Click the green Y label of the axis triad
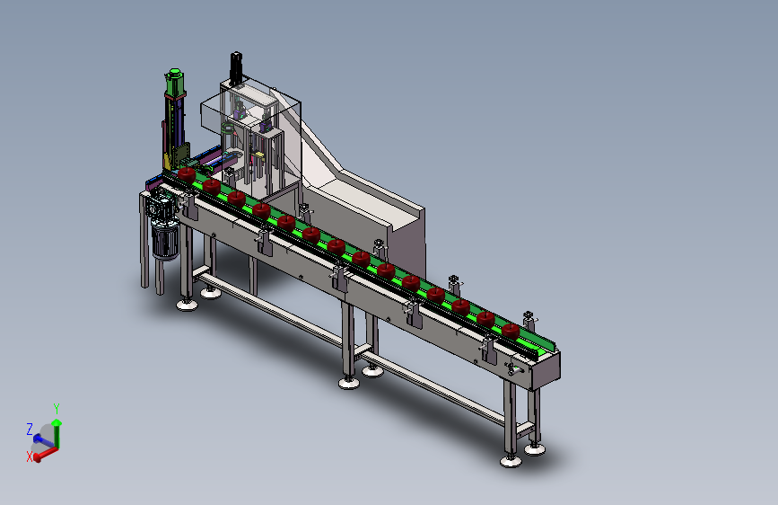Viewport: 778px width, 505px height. (57, 409)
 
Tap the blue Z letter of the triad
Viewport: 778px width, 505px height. (30, 429)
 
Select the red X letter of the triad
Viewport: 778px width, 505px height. (30, 456)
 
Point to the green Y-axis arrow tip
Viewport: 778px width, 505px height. (57, 422)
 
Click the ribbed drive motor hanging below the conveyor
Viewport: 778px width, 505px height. (165, 240)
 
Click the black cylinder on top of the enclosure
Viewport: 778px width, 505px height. (236, 67)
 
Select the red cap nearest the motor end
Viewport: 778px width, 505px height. (187, 174)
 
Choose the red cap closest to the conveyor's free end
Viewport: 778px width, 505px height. (510, 331)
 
